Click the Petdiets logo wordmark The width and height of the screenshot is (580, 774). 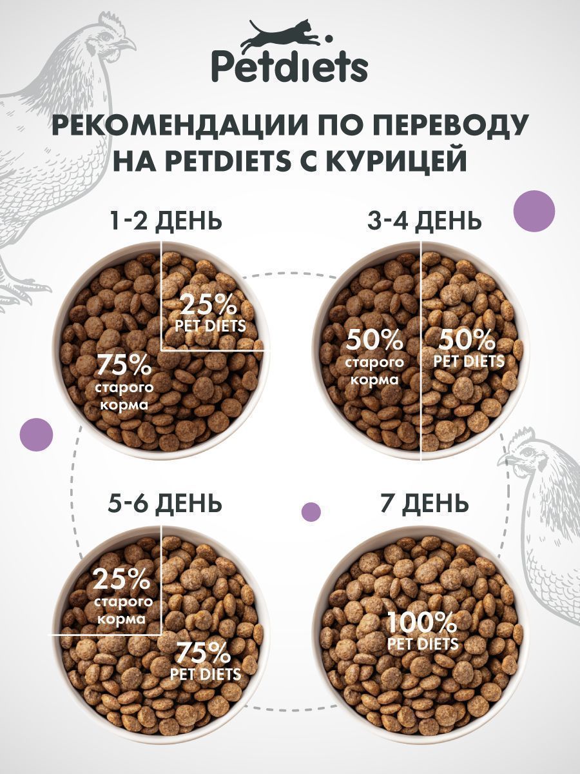pyautogui.click(x=289, y=66)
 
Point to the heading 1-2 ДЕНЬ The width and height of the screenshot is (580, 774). pyautogui.click(x=166, y=221)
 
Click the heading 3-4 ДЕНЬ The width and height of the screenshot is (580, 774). pyautogui.click(x=424, y=221)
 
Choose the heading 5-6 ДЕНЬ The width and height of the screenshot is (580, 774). pyautogui.click(x=166, y=503)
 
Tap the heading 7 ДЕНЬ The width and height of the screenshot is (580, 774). pyautogui.click(x=424, y=503)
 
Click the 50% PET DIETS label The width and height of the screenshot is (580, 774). pyautogui.click(x=469, y=348)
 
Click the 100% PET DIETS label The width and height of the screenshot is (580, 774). pyautogui.click(x=422, y=631)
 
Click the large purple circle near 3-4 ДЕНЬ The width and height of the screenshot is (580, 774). pyautogui.click(x=534, y=211)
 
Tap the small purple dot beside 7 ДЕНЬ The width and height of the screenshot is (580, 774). pyautogui.click(x=311, y=511)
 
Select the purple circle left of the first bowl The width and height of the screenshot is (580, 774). pyautogui.click(x=37, y=434)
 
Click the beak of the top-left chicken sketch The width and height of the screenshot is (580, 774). pyautogui.click(x=130, y=44)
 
